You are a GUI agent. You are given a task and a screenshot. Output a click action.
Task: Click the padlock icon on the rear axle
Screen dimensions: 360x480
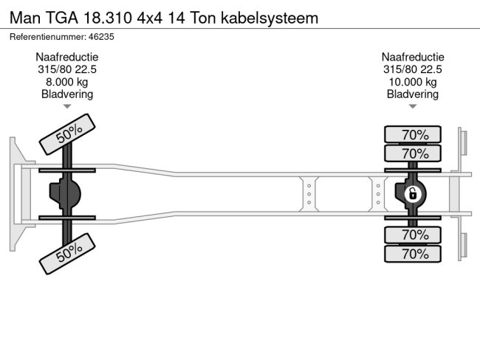click(x=413, y=194)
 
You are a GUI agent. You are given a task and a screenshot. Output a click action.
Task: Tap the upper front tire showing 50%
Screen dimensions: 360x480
click(x=69, y=134)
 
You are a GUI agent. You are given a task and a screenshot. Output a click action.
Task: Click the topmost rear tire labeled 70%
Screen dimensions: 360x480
click(x=413, y=134)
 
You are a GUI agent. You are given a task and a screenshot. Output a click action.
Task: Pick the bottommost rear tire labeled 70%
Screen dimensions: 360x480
click(x=413, y=254)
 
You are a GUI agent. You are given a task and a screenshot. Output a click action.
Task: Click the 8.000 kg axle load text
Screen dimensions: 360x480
click(x=67, y=82)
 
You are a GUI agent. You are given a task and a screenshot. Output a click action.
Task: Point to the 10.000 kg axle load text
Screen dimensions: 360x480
click(x=413, y=82)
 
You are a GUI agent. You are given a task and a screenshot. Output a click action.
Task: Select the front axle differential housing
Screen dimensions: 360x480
click(x=66, y=194)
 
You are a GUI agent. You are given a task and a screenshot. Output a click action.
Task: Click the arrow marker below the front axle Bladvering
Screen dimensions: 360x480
click(x=67, y=106)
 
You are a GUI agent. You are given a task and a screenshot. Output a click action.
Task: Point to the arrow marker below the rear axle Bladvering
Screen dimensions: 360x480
click(x=413, y=106)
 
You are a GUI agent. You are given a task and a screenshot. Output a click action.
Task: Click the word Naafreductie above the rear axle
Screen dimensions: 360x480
click(x=413, y=57)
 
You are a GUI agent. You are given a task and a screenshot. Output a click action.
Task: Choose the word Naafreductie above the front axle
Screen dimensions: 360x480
click(x=67, y=57)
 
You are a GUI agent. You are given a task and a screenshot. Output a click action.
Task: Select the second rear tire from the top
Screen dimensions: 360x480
click(x=413, y=153)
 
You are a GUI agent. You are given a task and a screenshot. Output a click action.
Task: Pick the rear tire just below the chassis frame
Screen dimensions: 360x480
click(x=413, y=235)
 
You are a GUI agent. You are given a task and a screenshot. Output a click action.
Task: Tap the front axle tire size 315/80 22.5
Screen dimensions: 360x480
click(x=67, y=69)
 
